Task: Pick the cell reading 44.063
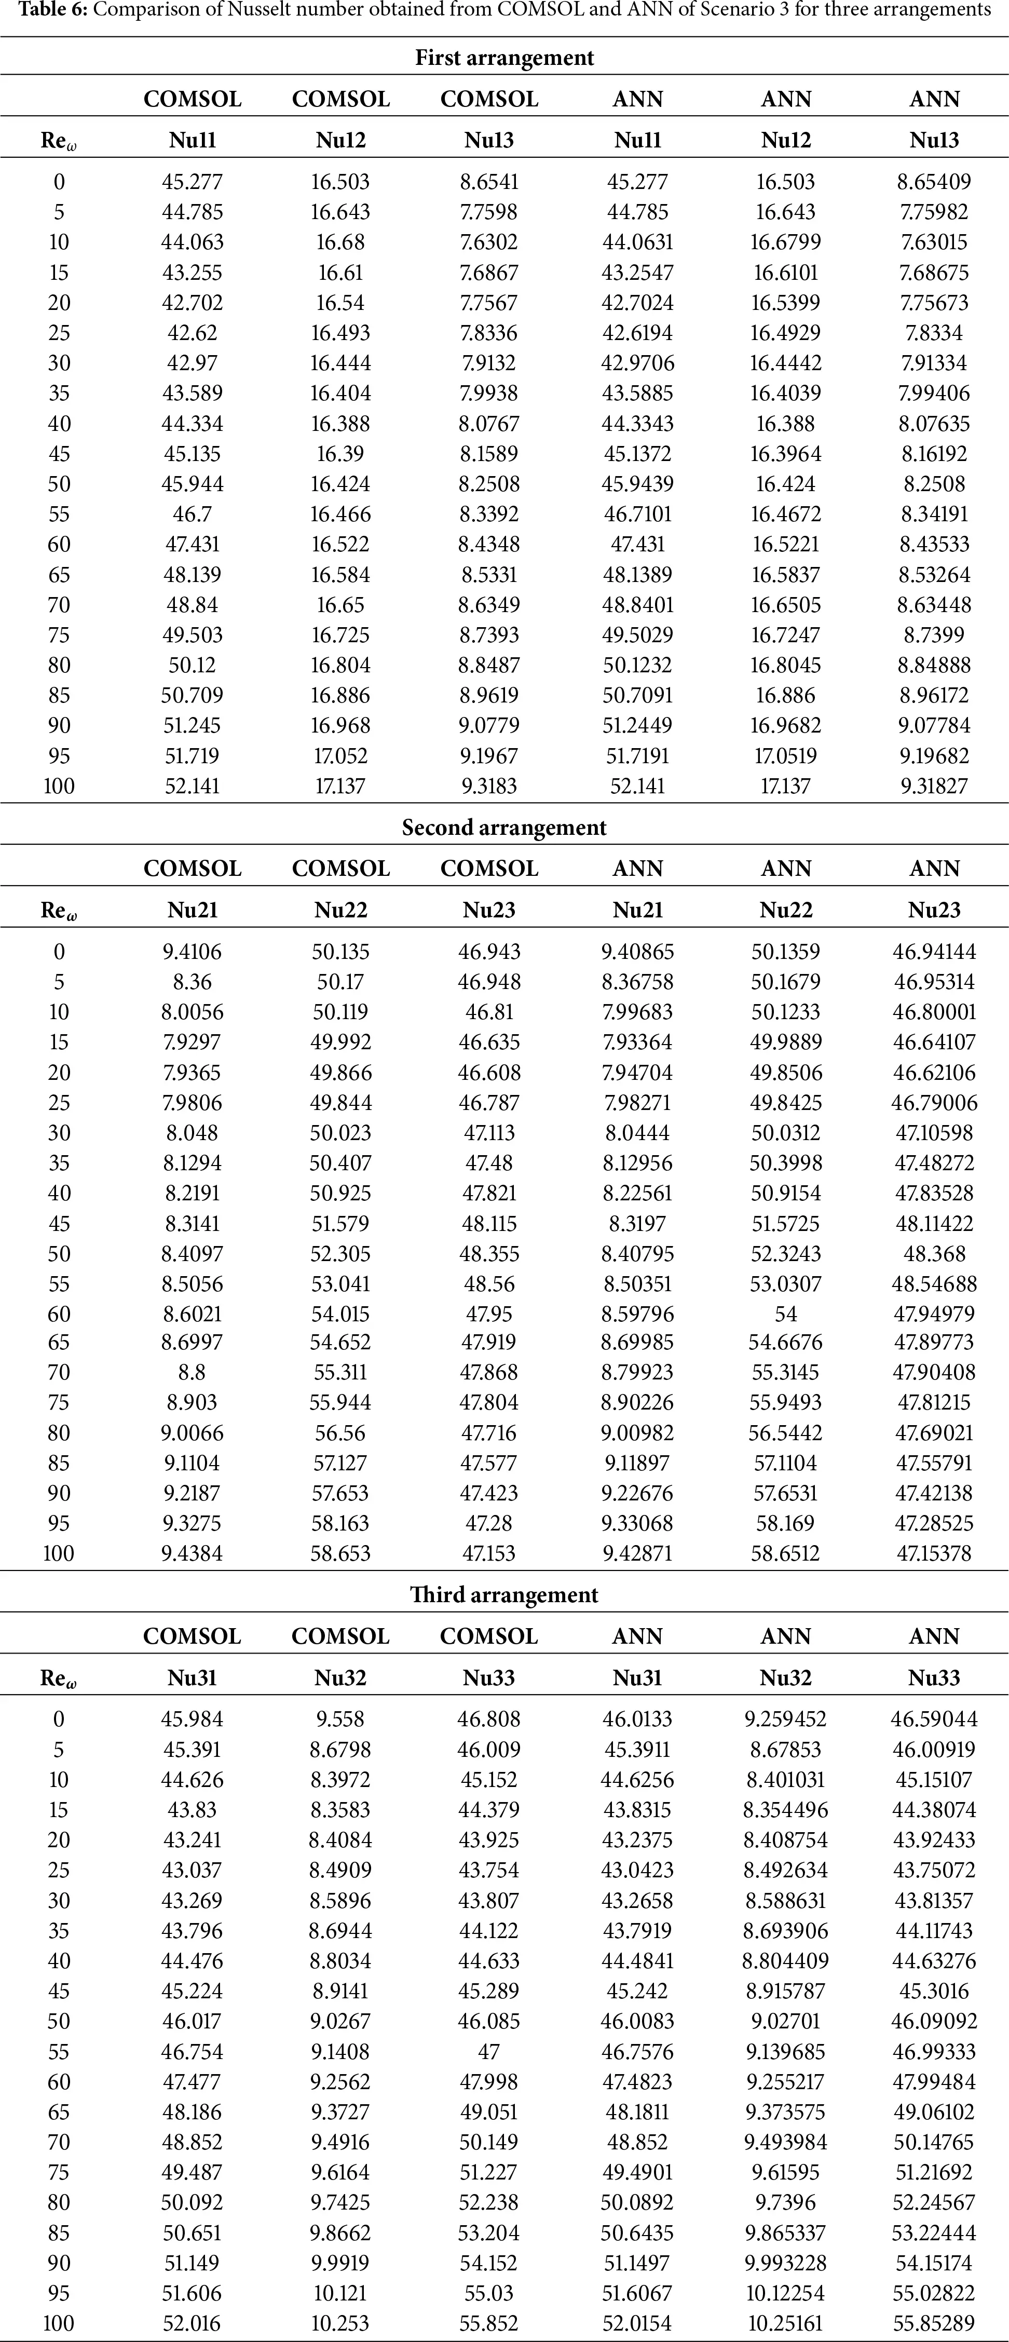point(193,242)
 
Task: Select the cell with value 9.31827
point(934,786)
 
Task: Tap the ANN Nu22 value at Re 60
point(785,1314)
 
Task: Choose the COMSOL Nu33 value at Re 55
point(489,2052)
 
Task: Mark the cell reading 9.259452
point(785,1719)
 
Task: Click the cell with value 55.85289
point(934,2323)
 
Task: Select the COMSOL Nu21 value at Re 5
point(193,982)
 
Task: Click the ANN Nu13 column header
point(934,140)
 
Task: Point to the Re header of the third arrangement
point(58,1678)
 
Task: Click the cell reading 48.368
point(934,1254)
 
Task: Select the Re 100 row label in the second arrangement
point(58,1553)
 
